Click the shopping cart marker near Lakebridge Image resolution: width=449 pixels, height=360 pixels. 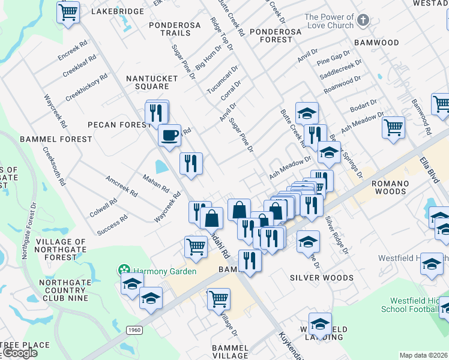69,11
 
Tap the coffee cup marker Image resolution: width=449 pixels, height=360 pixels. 169,134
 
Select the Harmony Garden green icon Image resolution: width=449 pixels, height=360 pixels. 124,271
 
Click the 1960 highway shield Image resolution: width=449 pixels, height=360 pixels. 134,329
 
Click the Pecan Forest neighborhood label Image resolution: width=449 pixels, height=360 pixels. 119,125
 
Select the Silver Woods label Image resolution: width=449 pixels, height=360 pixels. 321,278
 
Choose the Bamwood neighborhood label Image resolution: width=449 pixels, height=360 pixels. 376,43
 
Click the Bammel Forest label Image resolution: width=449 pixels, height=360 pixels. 56,139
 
